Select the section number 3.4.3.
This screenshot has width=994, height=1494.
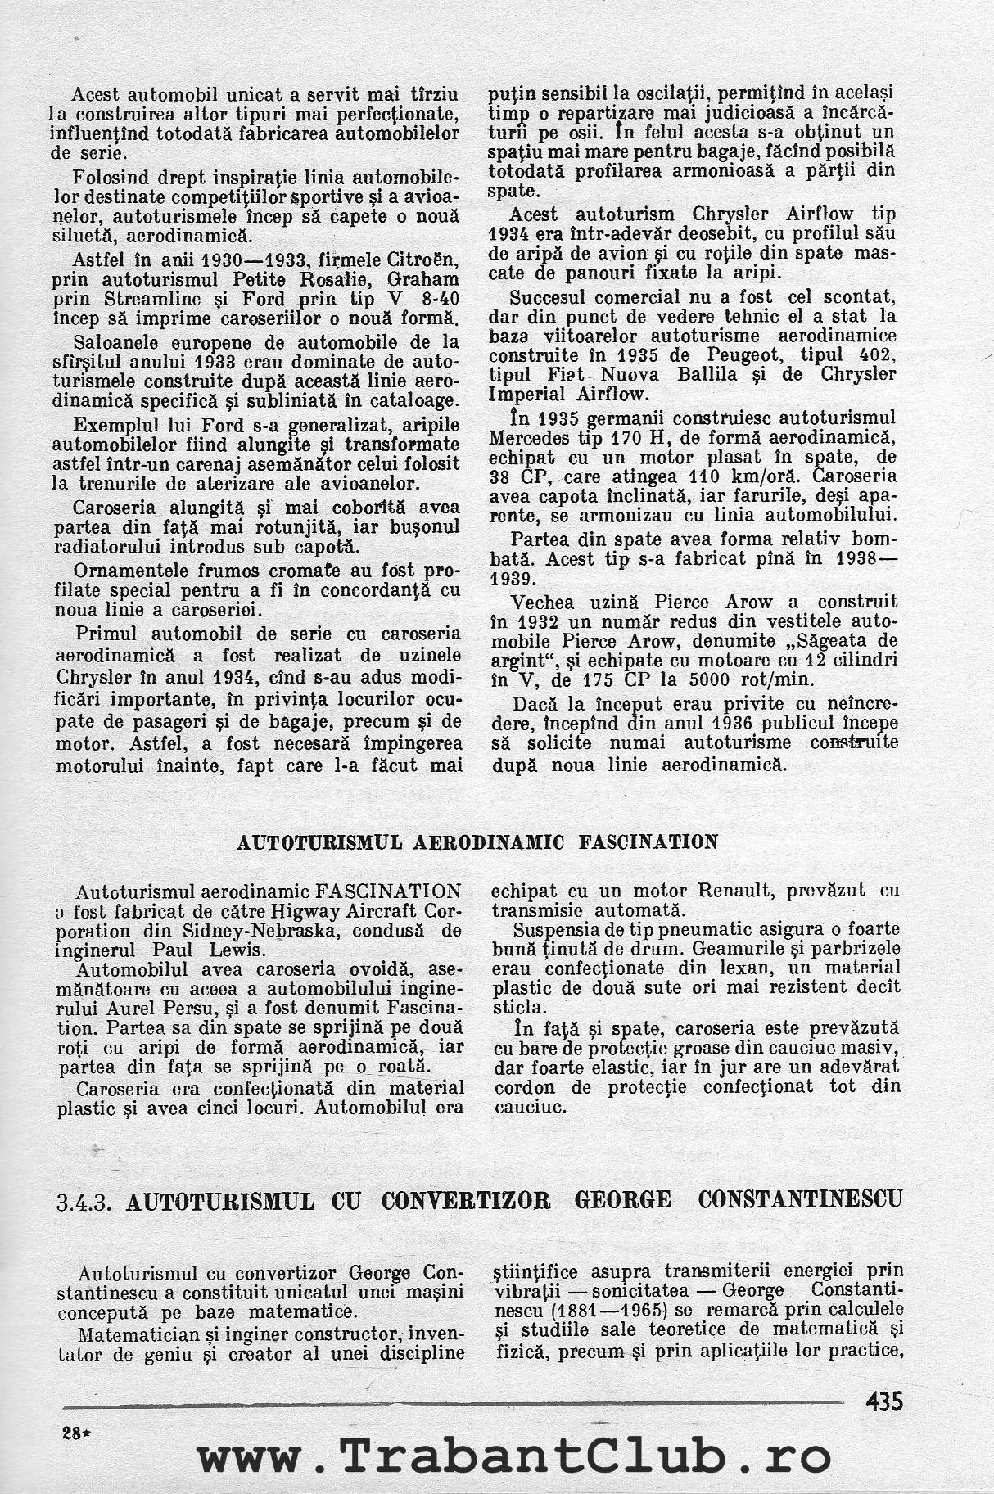click(x=89, y=1201)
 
